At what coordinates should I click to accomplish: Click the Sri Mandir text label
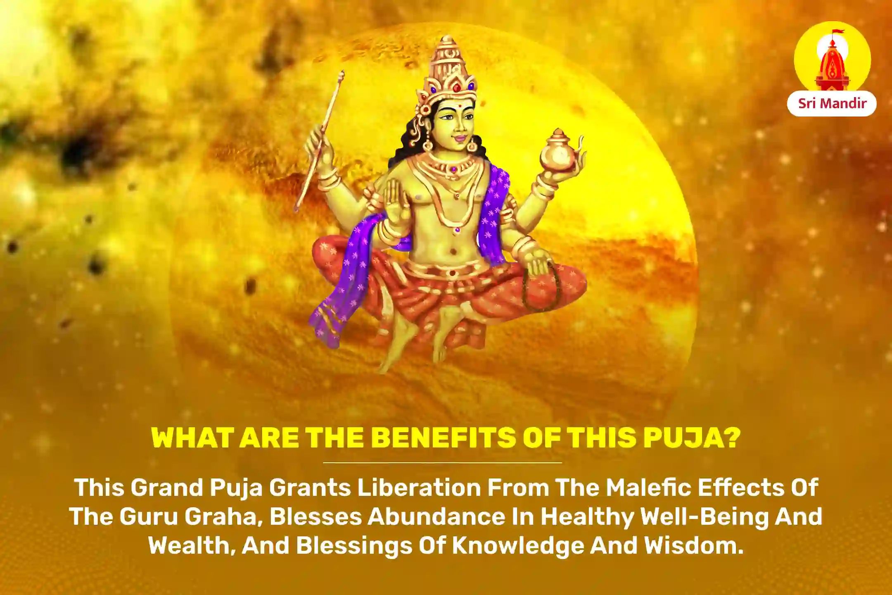(x=832, y=103)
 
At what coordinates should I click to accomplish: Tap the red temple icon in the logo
(x=832, y=68)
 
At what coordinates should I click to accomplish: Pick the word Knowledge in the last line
(x=518, y=546)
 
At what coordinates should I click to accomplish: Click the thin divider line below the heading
(x=442, y=463)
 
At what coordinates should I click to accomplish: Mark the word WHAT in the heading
(x=192, y=438)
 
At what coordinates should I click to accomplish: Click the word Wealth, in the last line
(x=192, y=546)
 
